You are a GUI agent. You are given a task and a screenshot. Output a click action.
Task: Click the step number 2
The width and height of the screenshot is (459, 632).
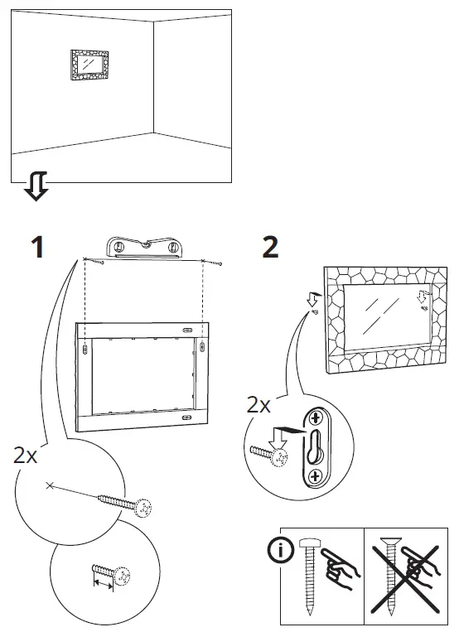[269, 246]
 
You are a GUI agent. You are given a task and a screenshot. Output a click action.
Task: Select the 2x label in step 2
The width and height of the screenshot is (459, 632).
[259, 406]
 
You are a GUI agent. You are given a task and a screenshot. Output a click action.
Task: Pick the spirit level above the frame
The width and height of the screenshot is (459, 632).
[147, 247]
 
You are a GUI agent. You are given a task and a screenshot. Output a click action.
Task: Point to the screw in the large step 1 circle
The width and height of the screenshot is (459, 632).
[125, 504]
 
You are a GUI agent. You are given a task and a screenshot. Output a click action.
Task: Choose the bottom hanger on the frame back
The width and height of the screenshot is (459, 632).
[184, 420]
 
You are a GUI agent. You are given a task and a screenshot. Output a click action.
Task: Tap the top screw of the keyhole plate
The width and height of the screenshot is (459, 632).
[316, 419]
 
